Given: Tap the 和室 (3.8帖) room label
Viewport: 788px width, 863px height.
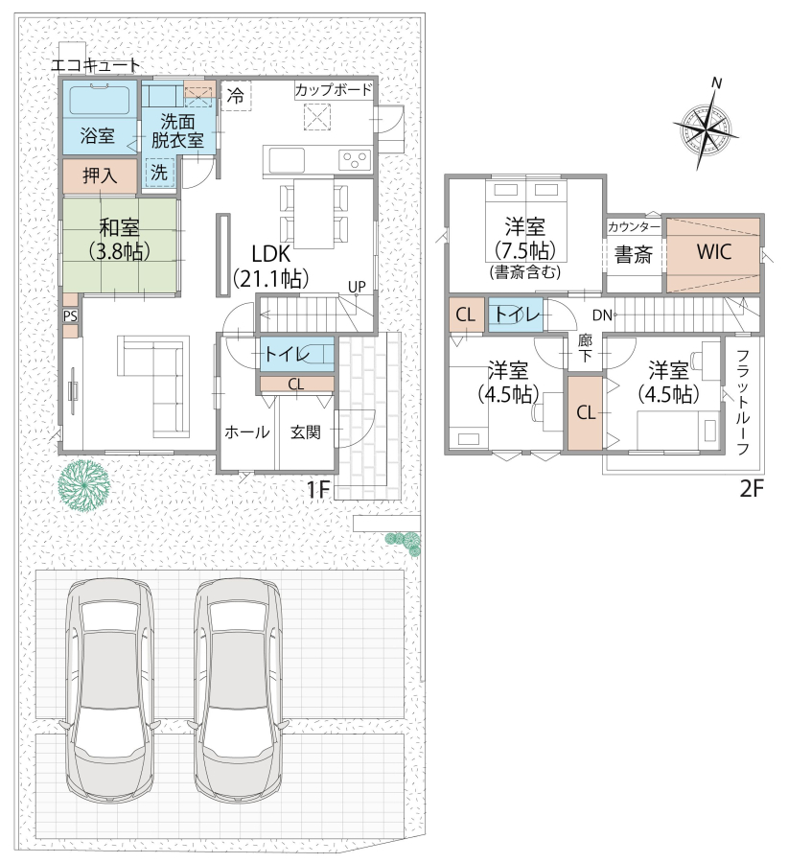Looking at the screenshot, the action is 119,240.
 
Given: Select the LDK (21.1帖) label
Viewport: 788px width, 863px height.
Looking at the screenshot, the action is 270,267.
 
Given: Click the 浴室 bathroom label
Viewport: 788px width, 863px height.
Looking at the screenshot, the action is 98,135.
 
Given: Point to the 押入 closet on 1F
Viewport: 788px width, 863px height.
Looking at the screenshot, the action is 100,176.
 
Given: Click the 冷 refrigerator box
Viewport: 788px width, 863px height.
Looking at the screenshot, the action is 236,96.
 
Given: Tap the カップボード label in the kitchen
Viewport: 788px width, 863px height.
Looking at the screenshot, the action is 334,90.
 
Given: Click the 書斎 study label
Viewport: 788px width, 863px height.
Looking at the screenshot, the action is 634,254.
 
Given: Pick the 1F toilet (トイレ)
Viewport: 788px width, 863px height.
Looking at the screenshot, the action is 296,353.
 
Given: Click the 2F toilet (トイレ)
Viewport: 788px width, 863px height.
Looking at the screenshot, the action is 516,315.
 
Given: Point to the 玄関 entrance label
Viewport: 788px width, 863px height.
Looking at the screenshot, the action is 306,432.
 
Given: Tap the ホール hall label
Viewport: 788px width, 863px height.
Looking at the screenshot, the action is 247,432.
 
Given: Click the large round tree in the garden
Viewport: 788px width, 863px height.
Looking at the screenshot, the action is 84,486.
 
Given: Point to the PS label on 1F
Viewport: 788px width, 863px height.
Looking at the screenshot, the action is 70,315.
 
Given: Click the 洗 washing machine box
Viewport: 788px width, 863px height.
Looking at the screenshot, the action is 159,173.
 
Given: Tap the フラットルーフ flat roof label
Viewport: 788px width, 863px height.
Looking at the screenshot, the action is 742,403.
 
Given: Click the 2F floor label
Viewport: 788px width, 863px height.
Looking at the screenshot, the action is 752,488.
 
